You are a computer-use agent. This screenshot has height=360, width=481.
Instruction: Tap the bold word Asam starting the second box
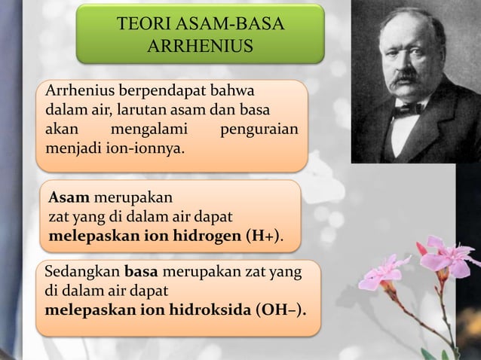69,198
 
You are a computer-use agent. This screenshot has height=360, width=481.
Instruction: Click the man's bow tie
406,110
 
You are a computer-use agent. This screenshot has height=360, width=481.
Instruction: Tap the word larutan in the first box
138,110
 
